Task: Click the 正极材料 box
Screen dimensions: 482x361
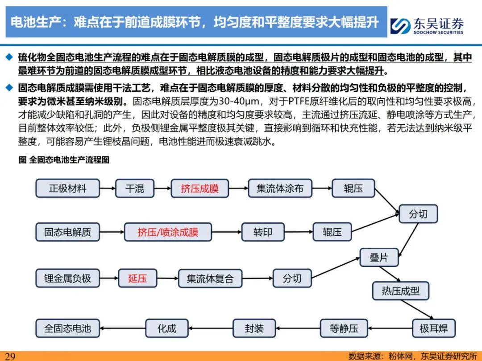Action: [x=67, y=188]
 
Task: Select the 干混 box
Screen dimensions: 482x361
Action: [x=135, y=188]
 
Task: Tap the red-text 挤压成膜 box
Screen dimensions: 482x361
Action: [x=199, y=188]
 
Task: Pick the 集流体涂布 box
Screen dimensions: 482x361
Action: [x=280, y=188]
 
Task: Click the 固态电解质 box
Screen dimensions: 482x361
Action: [x=67, y=232]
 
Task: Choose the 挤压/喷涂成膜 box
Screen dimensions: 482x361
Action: [x=168, y=232]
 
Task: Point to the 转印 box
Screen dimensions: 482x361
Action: [x=262, y=232]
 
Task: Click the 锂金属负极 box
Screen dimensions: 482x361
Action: [x=67, y=279]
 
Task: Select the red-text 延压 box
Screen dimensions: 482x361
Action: [x=137, y=279]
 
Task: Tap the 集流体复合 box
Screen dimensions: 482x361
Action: [x=210, y=279]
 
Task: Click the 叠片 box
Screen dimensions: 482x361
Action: [x=379, y=258]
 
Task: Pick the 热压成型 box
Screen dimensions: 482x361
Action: [x=400, y=291]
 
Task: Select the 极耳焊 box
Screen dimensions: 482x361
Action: [x=433, y=328]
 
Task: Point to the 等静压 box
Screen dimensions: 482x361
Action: [x=344, y=328]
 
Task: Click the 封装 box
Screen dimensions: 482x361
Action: [x=254, y=328]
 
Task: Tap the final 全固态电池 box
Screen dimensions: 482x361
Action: [x=67, y=328]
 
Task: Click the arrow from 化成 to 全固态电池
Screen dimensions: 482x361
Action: [x=123, y=328]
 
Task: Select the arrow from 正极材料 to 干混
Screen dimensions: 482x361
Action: [x=108, y=188]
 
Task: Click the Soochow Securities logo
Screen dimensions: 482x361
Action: [x=427, y=25]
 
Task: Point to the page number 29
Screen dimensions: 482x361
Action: [x=10, y=356]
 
